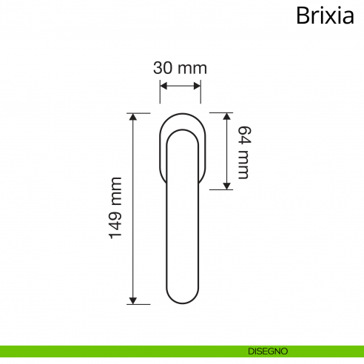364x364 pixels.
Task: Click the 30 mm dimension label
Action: pos(180,67)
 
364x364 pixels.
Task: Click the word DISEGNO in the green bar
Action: pos(268,351)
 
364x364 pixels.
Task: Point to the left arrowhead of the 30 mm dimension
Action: pos(164,86)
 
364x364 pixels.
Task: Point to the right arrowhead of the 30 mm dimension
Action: pos(196,86)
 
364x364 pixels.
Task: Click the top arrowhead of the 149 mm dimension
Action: pos(133,117)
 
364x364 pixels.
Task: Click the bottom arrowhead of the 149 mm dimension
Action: pos(133,300)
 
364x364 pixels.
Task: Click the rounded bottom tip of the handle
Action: pos(180,302)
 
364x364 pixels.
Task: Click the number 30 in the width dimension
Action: pos(163,67)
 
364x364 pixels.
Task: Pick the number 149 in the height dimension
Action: pos(115,226)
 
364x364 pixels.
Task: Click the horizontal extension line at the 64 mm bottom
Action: pos(220,189)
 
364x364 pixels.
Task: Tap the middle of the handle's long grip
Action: pos(180,222)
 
